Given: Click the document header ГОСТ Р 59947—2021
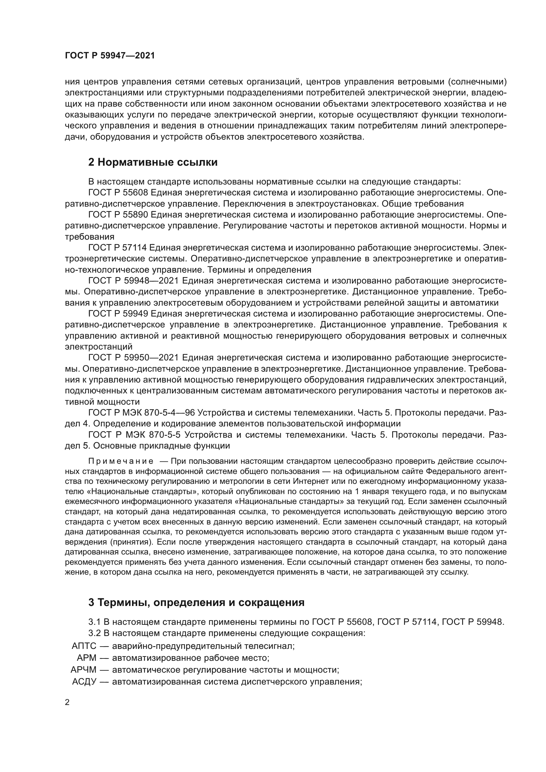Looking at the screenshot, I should [x=110, y=56].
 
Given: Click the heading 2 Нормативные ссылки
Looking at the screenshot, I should [x=153, y=162].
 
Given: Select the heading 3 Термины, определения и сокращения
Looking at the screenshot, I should [x=196, y=602].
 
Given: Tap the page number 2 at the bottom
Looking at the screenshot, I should [x=67, y=702].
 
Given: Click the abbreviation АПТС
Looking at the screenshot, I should [x=84, y=646].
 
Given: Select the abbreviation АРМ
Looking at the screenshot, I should [x=86, y=658].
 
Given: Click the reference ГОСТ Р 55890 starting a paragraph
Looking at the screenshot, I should [x=117, y=215].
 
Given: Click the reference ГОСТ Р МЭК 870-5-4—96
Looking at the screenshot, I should [x=141, y=412].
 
